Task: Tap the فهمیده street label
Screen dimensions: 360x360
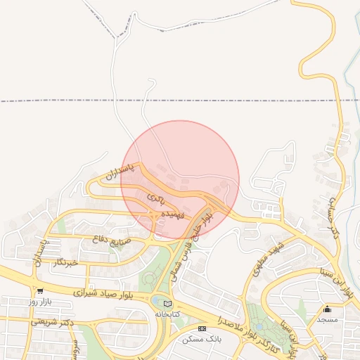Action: pyautogui.click(x=172, y=212)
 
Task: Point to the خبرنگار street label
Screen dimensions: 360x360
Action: pyautogui.click(x=63, y=263)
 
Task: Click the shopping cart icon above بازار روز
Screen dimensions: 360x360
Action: pyautogui.click(x=41, y=291)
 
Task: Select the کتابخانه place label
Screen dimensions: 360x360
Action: pyautogui.click(x=167, y=314)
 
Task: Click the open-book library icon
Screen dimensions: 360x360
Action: pyautogui.click(x=167, y=303)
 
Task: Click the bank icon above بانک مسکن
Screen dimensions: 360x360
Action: pyautogui.click(x=202, y=328)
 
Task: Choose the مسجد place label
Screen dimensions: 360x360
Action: pyautogui.click(x=328, y=319)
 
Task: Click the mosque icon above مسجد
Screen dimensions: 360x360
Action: pyautogui.click(x=328, y=309)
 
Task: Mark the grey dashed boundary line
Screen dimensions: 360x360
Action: pyautogui.click(x=70, y=101)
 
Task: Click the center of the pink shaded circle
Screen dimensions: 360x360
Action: pyautogui.click(x=180, y=180)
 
